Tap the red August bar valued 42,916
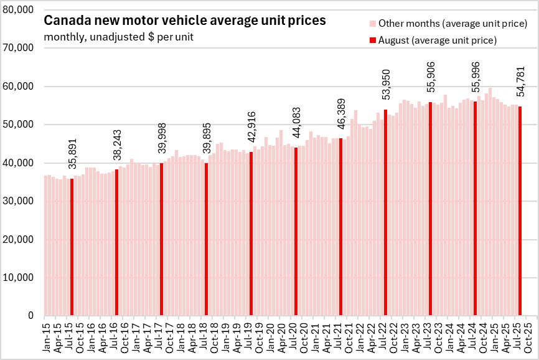click(251, 234)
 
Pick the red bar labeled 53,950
click(385, 213)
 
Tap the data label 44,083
click(296, 125)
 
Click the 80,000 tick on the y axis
click(18, 9)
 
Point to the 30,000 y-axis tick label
click(18, 201)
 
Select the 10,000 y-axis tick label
click(18, 278)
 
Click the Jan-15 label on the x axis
click(46, 336)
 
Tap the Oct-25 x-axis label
click(528, 336)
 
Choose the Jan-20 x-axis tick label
click(270, 336)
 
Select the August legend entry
click(436, 40)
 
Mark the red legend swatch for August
click(372, 40)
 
